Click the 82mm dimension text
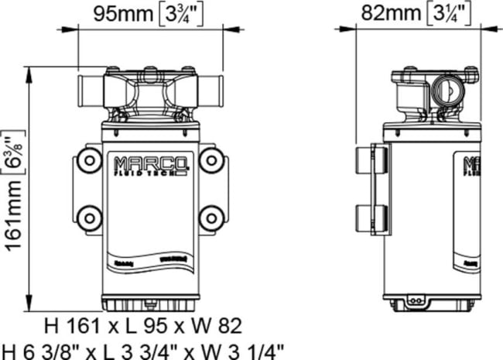click(x=392, y=12)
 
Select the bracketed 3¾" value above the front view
click(x=180, y=13)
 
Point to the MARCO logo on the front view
click(x=150, y=165)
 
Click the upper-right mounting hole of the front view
click(x=210, y=162)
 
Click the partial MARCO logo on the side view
click(x=471, y=167)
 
